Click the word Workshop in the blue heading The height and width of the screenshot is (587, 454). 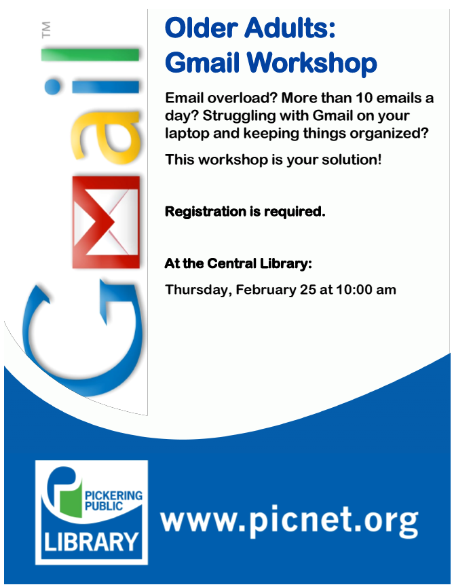311,62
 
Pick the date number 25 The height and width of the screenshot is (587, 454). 307,290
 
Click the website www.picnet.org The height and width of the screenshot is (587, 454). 289,520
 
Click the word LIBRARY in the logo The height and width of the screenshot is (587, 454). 92,542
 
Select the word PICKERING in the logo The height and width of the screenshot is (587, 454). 114,495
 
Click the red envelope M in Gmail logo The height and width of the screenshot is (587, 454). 106,222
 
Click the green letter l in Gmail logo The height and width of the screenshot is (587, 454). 90,55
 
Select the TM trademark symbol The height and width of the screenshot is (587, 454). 45,30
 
